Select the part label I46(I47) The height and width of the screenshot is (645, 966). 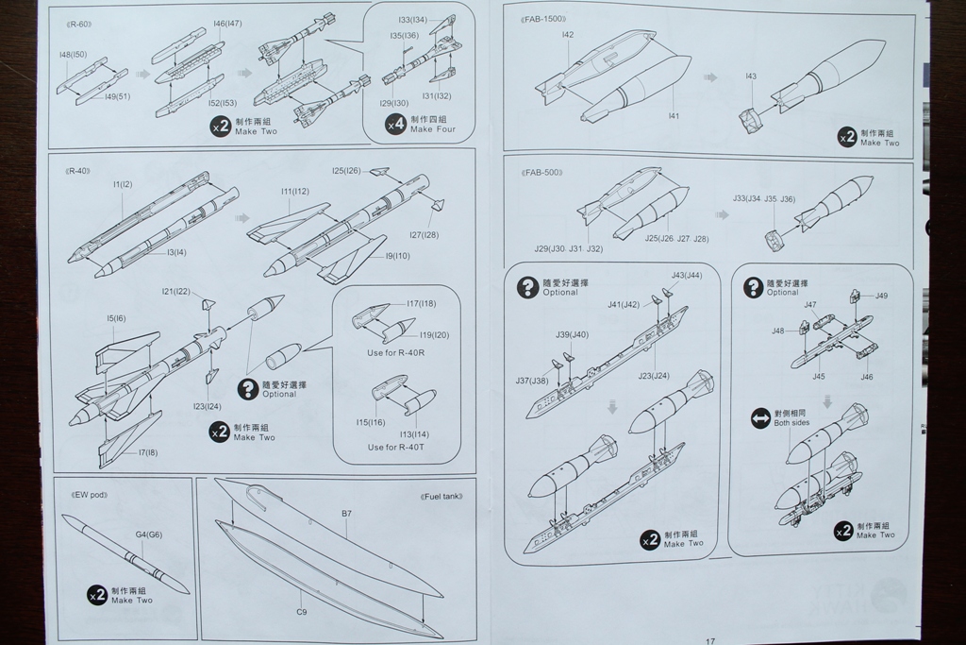227,23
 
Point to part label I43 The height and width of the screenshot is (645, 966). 750,76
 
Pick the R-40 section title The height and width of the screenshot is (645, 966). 78,171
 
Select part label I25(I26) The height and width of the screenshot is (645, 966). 346,171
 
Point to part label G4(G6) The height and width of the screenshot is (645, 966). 149,535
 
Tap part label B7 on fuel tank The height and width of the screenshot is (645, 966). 347,514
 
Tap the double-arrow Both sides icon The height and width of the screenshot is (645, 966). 760,418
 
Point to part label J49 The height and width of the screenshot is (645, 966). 881,296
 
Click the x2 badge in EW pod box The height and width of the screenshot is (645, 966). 96,595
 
